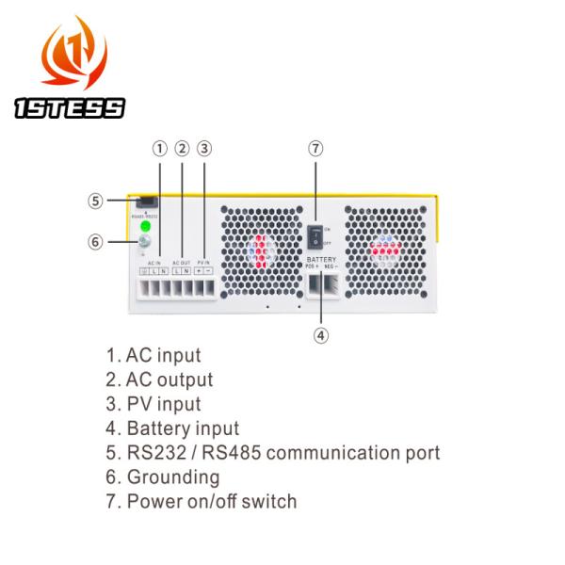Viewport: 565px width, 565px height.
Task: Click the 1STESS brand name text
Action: click(x=70, y=108)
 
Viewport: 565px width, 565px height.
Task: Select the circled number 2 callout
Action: click(x=183, y=148)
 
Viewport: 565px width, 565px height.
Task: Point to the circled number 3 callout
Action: click(x=205, y=148)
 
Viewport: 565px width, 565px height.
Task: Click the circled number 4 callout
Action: click(x=321, y=334)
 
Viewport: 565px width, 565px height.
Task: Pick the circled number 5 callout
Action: click(x=95, y=201)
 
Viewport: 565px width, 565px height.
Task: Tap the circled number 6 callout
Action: click(x=95, y=241)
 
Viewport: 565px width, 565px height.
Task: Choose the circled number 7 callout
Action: click(x=316, y=148)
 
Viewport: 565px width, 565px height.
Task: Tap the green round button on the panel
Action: click(x=145, y=227)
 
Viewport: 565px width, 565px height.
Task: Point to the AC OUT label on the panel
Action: click(x=182, y=262)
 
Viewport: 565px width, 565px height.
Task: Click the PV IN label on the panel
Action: click(x=204, y=262)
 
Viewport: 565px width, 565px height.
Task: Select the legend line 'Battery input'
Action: click(x=172, y=428)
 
